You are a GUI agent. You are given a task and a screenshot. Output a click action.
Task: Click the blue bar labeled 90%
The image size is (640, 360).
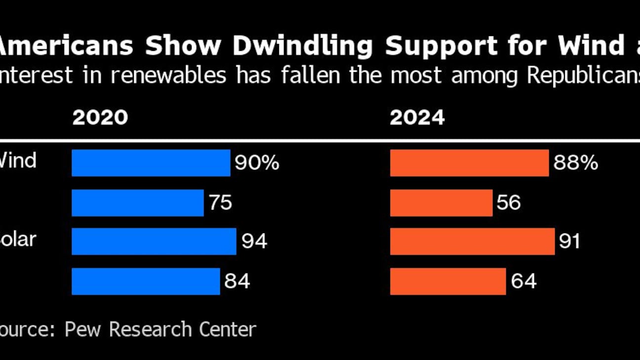pos(151,163)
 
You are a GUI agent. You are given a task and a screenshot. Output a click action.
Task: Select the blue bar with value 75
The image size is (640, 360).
pos(137,202)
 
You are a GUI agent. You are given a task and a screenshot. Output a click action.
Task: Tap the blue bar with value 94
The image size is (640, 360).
pos(154,241)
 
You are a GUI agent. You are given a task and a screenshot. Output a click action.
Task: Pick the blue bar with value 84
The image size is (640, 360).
pos(146,281)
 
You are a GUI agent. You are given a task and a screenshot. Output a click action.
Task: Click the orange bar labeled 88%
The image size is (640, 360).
pos(469,163)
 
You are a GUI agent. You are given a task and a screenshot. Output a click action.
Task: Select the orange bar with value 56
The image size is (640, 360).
pos(441,202)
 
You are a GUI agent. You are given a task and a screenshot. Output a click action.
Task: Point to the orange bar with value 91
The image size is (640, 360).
pos(472,241)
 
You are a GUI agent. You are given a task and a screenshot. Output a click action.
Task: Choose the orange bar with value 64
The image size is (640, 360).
pos(448,281)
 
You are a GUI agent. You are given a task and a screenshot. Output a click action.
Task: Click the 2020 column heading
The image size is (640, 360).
pos(100,118)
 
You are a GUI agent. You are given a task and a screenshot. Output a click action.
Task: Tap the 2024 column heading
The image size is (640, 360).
pos(417,118)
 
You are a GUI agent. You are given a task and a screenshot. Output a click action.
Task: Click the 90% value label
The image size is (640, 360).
pos(257,163)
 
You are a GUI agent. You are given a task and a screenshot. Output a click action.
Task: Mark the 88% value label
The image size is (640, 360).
pos(575,163)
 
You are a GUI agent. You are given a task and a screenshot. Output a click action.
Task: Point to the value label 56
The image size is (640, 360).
pos(509,202)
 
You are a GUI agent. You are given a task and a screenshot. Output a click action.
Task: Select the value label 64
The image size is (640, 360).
pos(524,281)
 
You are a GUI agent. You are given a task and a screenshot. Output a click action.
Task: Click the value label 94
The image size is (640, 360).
pos(254,241)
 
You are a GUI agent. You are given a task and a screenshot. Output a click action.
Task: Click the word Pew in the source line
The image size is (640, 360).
pos(83,329)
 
